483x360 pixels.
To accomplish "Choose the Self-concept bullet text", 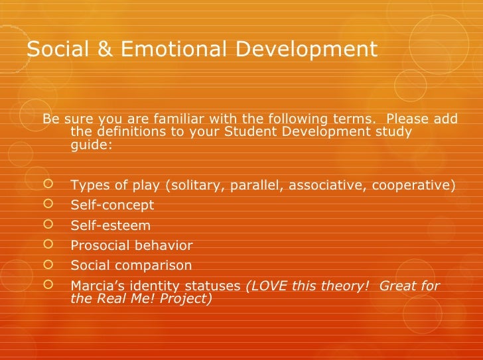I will [x=111, y=205].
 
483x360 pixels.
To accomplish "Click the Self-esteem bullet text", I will [x=110, y=225].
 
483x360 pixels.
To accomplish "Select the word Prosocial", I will [x=99, y=246].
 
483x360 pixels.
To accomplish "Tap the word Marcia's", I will [x=98, y=286].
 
